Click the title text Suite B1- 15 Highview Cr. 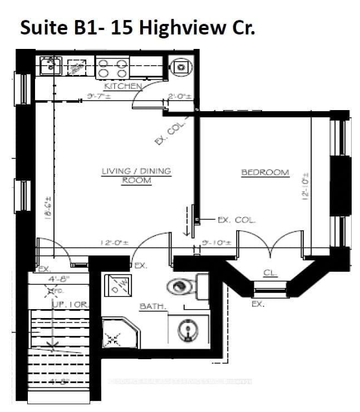pyautogui.click(x=137, y=28)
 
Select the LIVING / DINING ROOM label pyautogui.click(x=136, y=176)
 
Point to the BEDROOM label pyautogui.click(x=265, y=172)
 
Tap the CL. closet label pyautogui.click(x=270, y=272)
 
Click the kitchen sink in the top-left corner pyautogui.click(x=51, y=65)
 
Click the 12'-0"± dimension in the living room pyautogui.click(x=114, y=242)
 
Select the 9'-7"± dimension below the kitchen pyautogui.click(x=100, y=96)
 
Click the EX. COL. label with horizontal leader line pyautogui.click(x=236, y=220)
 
